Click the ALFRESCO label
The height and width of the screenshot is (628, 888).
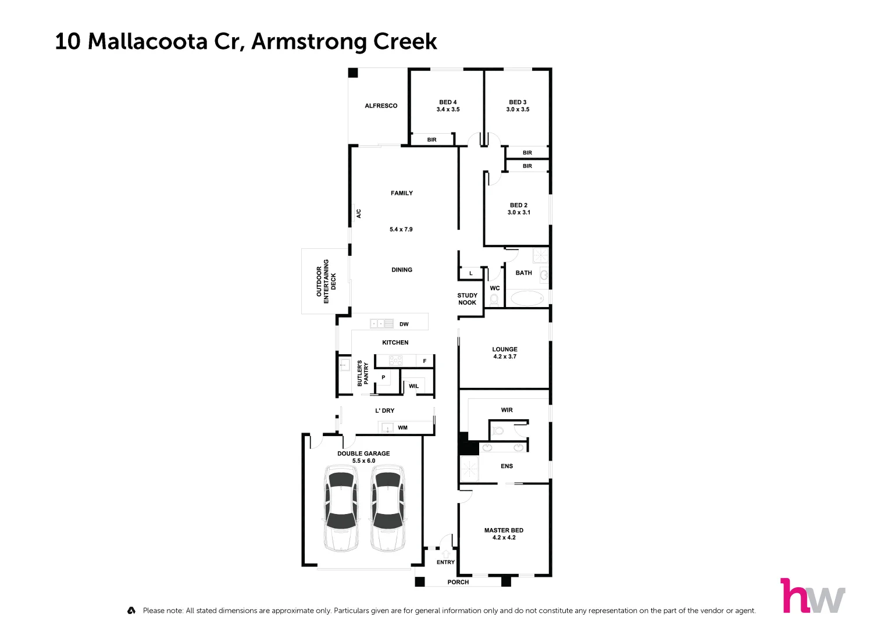(x=381, y=106)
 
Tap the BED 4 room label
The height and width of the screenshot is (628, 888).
(x=448, y=102)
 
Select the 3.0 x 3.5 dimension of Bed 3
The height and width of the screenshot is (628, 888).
(x=518, y=109)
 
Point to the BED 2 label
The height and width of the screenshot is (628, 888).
(x=519, y=205)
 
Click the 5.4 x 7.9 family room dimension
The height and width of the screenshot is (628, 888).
(x=401, y=230)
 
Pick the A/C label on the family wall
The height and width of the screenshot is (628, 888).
(x=358, y=213)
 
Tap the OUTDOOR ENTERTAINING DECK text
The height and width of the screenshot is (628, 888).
(x=326, y=281)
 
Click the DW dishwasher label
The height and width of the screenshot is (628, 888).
(x=404, y=324)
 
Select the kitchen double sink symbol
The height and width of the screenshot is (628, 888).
(x=381, y=323)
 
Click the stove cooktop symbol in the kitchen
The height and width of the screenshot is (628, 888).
(x=395, y=361)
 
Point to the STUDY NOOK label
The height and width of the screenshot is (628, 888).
(x=467, y=299)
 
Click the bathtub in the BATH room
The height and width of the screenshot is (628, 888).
(x=527, y=298)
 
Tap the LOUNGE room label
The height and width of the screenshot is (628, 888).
(x=505, y=349)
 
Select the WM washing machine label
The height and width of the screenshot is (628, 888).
(x=402, y=428)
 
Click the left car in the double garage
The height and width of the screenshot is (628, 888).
(x=340, y=508)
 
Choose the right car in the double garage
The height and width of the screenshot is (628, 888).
(x=388, y=508)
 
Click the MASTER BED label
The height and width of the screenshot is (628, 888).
(x=504, y=530)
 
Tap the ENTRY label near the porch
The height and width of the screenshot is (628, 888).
(x=445, y=562)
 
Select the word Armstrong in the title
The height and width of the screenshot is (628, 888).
(x=309, y=42)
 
